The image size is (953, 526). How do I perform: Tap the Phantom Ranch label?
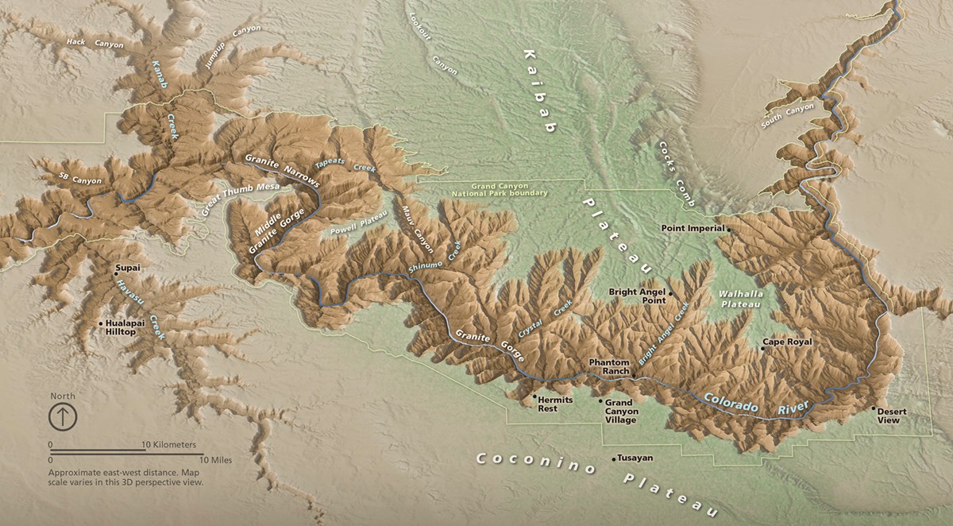609,367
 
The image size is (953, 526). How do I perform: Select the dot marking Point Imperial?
726,228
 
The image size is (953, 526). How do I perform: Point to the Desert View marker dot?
874,409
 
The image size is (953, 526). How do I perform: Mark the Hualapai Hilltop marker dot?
101,323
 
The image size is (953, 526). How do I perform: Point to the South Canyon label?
788,116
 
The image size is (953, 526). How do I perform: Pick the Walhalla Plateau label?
740,299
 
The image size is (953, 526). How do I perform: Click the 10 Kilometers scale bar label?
168,445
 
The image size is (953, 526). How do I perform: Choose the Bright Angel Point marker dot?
671,293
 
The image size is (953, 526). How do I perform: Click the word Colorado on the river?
729,400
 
